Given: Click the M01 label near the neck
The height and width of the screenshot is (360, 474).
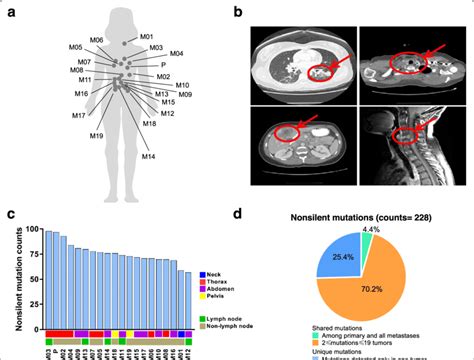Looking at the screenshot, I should [x=146, y=37].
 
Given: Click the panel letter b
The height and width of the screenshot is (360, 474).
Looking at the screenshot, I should [x=237, y=12].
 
